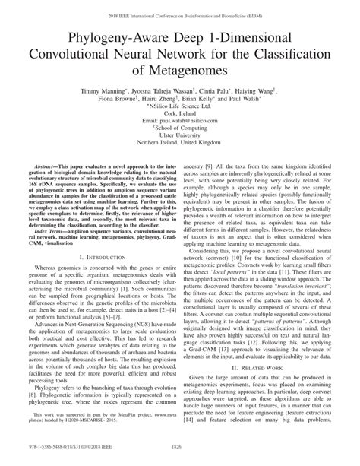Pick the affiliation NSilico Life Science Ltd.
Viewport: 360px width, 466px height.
click(x=179, y=108)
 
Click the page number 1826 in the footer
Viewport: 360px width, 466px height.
click(x=180, y=458)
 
